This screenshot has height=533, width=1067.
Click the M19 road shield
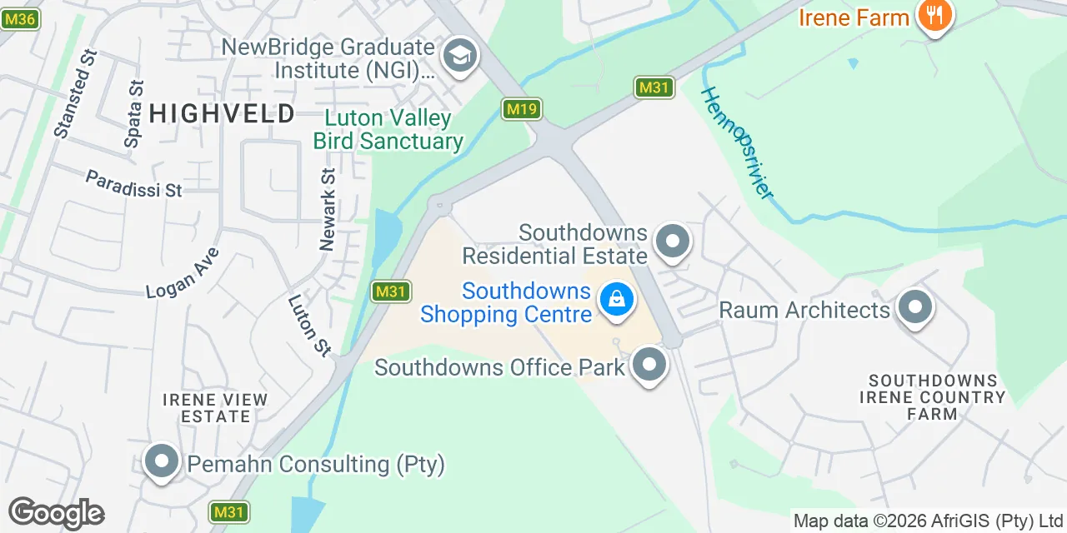click(522, 108)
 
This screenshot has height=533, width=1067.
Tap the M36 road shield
click(19, 17)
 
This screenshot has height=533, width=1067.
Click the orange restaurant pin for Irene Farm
click(934, 16)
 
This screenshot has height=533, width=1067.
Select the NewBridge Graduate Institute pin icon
click(458, 57)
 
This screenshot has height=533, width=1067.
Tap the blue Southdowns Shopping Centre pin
click(617, 299)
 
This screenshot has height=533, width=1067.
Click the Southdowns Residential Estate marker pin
click(672, 242)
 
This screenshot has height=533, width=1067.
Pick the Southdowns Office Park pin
click(649, 366)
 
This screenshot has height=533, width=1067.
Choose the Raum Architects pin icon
click(914, 308)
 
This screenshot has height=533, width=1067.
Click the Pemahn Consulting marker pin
click(162, 461)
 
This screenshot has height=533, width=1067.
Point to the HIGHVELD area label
click(223, 113)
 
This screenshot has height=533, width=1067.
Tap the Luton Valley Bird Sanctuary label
click(388, 130)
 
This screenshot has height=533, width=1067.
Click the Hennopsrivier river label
click(738, 142)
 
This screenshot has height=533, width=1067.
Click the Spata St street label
click(133, 114)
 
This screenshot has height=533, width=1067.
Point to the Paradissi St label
click(133, 184)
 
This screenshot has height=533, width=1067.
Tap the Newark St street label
click(328, 210)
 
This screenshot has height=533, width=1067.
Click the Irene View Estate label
click(215, 408)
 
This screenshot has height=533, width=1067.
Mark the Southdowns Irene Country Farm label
click(933, 397)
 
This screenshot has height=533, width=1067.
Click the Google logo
click(56, 513)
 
